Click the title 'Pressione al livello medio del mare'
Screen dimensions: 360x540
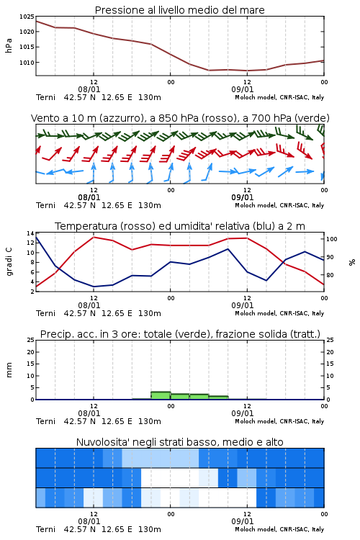(x=179, y=10)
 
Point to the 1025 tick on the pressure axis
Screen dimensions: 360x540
(x=27, y=17)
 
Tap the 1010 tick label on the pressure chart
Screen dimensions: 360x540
(x=27, y=63)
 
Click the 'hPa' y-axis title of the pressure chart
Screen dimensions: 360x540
(x=9, y=45)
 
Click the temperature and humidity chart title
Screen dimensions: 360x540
(x=179, y=226)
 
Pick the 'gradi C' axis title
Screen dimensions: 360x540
(x=9, y=262)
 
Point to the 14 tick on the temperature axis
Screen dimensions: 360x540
(x=30, y=233)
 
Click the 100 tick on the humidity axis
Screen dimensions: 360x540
(x=332, y=239)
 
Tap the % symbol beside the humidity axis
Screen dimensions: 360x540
(x=352, y=262)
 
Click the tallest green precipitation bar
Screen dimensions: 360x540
(x=161, y=395)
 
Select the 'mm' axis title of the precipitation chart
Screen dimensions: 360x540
(x=9, y=370)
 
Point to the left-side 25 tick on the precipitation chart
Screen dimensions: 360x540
(x=30, y=340)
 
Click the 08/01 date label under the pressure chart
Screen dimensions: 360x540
(x=89, y=89)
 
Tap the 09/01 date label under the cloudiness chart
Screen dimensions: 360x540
(x=243, y=521)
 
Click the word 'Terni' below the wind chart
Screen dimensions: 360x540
(x=45, y=206)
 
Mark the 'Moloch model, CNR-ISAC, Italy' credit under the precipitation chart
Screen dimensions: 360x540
(x=279, y=421)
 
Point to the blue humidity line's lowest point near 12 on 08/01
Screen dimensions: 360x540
(x=94, y=287)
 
